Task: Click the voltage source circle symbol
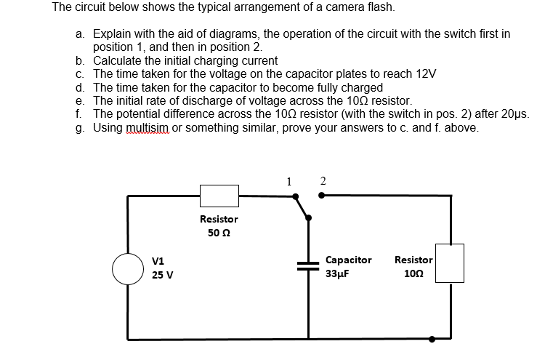[x=128, y=268]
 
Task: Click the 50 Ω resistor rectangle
[x=219, y=195]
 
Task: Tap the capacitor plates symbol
[x=308, y=266]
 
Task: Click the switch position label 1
[x=288, y=182]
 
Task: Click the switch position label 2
[x=323, y=182]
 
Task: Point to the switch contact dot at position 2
[x=322, y=195]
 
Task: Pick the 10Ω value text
[x=414, y=274]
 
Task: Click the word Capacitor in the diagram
[x=349, y=260]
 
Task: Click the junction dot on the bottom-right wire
[x=432, y=338]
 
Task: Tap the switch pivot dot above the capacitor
[x=308, y=217]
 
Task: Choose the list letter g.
[x=78, y=127]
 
